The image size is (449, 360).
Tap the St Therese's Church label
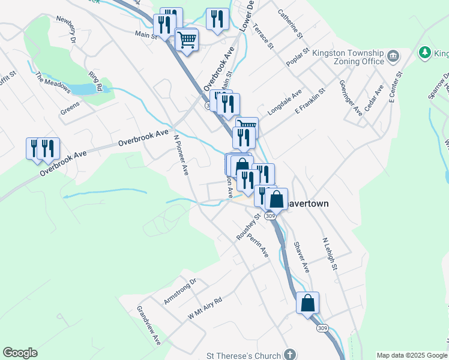pos(243,355)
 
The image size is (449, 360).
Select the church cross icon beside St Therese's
pos(290,355)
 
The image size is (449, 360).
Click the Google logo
pos(20,353)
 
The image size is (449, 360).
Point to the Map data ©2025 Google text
pos(411,355)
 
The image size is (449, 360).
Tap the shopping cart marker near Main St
pos(187,40)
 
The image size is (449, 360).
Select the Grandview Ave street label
pos(149,326)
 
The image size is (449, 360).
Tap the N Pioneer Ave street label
pos(181,154)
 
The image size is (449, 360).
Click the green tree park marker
pos(425,53)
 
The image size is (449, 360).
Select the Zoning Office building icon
pos(394,57)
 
